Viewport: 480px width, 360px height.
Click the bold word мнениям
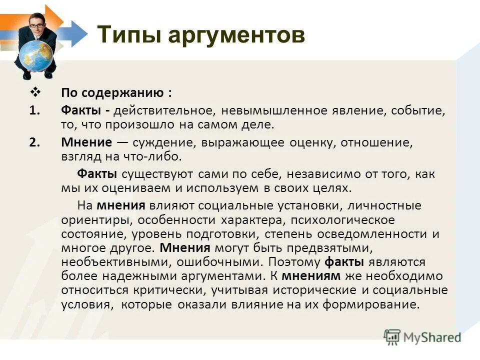coord(311,275)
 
